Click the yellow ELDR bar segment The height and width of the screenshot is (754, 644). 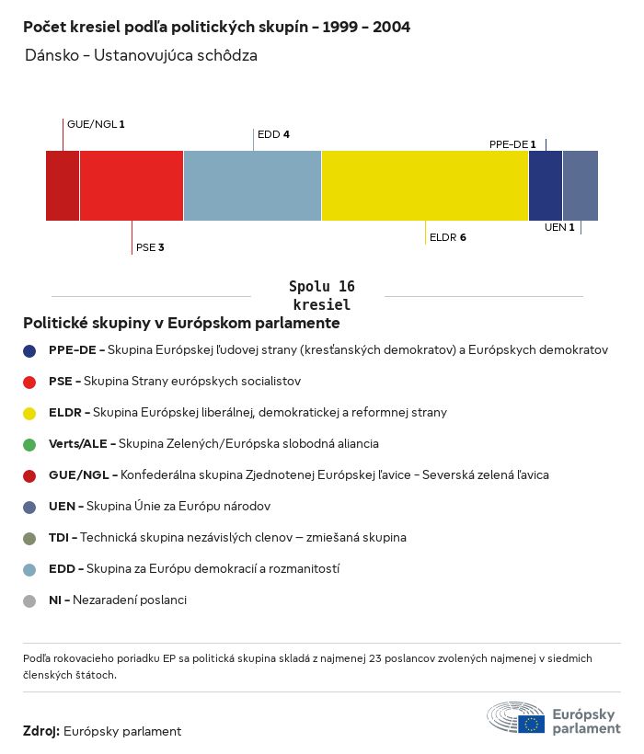(x=425, y=186)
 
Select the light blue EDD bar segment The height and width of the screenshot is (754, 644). (x=252, y=186)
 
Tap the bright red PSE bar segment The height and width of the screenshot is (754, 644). (x=132, y=186)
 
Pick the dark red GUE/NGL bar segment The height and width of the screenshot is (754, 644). (x=63, y=186)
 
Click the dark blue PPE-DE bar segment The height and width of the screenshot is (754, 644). (x=545, y=186)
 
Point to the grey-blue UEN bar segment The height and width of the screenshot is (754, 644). (x=581, y=186)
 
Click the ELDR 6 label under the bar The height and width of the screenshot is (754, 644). (x=448, y=237)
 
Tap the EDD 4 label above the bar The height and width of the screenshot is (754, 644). (x=273, y=134)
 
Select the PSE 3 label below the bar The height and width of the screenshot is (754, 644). (x=150, y=247)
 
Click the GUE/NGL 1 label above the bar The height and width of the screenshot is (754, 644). (x=96, y=123)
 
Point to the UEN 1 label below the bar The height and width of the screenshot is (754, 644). (x=559, y=227)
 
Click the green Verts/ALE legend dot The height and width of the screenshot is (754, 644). (x=30, y=444)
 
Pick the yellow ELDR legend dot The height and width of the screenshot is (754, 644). (x=30, y=413)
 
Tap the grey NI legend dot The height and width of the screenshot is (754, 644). (x=30, y=600)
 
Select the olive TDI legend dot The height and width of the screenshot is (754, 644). (x=30, y=538)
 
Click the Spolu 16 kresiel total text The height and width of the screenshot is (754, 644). (x=321, y=295)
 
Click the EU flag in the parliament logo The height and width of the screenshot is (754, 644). (x=531, y=723)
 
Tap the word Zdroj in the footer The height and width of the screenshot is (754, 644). (x=41, y=731)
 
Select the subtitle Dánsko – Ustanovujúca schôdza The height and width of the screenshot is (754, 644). (x=141, y=55)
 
